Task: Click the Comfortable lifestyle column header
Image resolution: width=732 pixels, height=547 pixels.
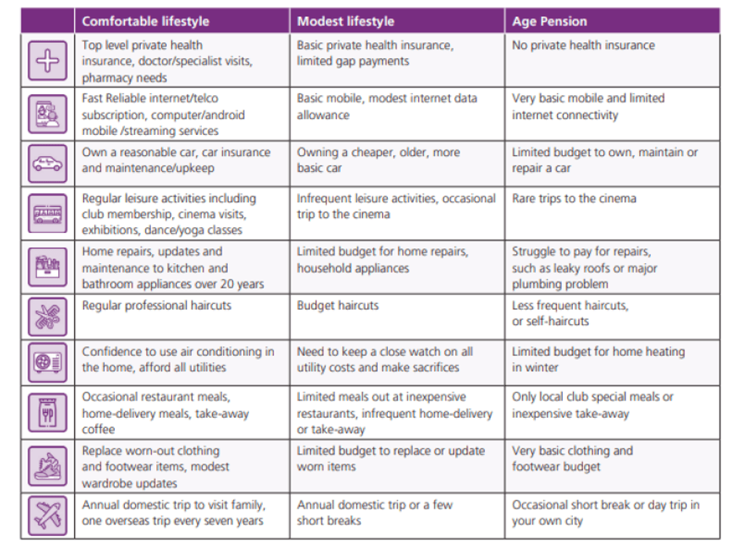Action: tap(146, 22)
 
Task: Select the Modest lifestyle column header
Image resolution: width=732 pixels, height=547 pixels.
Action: tap(346, 22)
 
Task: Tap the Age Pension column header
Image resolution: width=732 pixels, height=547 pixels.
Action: tap(550, 22)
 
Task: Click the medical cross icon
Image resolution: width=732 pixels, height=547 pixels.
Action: tap(48, 61)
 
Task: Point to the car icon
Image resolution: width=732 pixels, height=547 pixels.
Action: tap(48, 164)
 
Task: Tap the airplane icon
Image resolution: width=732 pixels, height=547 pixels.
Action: tap(48, 515)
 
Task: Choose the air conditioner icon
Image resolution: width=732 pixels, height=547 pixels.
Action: tap(48, 362)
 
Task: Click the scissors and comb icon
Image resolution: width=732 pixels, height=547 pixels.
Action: tap(48, 316)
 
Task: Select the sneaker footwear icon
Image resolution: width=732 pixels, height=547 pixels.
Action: tap(48, 466)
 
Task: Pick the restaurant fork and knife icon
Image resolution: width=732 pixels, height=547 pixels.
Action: tap(48, 412)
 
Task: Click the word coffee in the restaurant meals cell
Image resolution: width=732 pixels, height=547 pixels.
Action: tap(99, 429)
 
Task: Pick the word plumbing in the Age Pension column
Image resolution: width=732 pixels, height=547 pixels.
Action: tap(537, 284)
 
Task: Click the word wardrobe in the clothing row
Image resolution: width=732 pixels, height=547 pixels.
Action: tap(105, 483)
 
